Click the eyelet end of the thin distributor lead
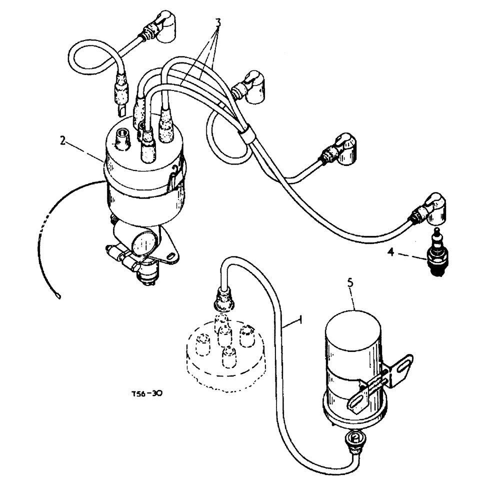click(x=59, y=296)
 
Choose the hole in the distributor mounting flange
click(x=171, y=257)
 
